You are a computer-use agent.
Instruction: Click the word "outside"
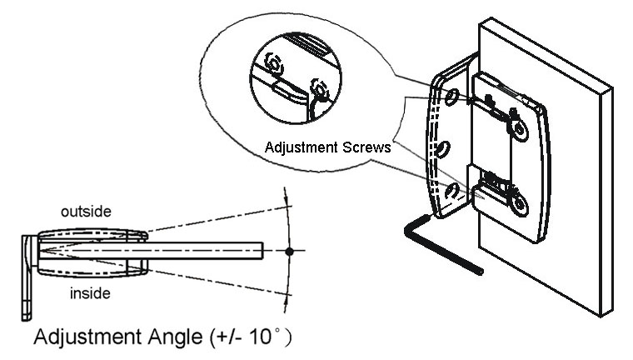coord(86,212)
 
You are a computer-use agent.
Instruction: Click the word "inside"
coord(90,293)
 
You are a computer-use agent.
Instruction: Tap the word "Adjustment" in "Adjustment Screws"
coord(302,147)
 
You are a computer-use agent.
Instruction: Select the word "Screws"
coord(366,147)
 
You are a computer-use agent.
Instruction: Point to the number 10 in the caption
coord(261,336)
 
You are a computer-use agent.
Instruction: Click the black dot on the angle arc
coord(289,252)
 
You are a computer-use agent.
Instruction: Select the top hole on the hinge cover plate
coord(451,97)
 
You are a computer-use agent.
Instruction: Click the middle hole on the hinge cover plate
coord(443,149)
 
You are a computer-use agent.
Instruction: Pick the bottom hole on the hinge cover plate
coord(452,192)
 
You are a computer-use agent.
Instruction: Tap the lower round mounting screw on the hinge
coord(519,203)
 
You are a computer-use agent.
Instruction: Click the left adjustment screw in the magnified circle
coord(274,64)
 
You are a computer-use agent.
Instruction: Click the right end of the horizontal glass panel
coord(263,251)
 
